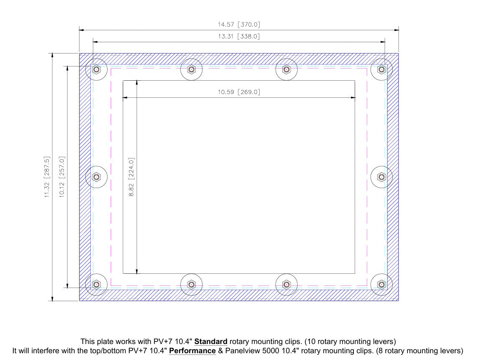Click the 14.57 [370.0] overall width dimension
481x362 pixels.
pos(239,25)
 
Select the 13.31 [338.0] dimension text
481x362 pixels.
pos(239,36)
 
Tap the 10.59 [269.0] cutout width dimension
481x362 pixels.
pos(239,92)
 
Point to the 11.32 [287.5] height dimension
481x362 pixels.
pos(46,177)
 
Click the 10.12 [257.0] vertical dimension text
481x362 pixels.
pos(61,177)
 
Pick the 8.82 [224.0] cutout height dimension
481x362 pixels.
pos(131,177)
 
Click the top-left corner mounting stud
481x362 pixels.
pos(96,69)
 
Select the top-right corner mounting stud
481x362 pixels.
pos(381,69)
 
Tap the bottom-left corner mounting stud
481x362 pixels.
pos(96,284)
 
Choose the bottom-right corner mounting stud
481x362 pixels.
pos(381,284)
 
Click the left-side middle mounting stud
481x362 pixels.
pos(96,177)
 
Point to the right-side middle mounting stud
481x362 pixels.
pos(381,177)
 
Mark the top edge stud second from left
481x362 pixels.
pos(192,69)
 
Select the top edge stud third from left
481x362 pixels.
pos(287,69)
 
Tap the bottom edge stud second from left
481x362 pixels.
pos(192,284)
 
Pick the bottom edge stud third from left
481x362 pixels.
pos(287,284)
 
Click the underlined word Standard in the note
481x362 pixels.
pos(211,342)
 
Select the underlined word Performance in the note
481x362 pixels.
pos(192,351)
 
